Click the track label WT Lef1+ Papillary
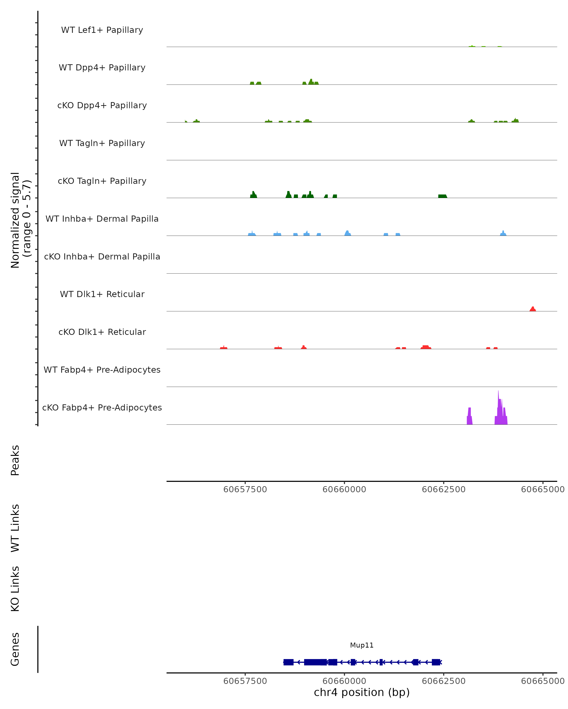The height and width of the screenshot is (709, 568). [102, 30]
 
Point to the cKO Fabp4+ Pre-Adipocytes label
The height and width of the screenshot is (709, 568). [102, 407]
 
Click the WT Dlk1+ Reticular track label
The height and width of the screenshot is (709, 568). [102, 294]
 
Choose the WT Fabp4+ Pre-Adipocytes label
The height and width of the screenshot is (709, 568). [102, 370]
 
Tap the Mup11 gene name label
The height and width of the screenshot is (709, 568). [362, 645]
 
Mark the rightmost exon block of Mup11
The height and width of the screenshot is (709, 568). [436, 662]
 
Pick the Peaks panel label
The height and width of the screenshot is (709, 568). [15, 460]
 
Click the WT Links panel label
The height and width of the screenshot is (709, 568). [15, 528]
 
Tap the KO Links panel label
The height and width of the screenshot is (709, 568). [15, 589]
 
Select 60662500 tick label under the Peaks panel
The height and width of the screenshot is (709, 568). [444, 489]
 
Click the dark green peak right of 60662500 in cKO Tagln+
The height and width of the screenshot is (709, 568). [442, 196]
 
